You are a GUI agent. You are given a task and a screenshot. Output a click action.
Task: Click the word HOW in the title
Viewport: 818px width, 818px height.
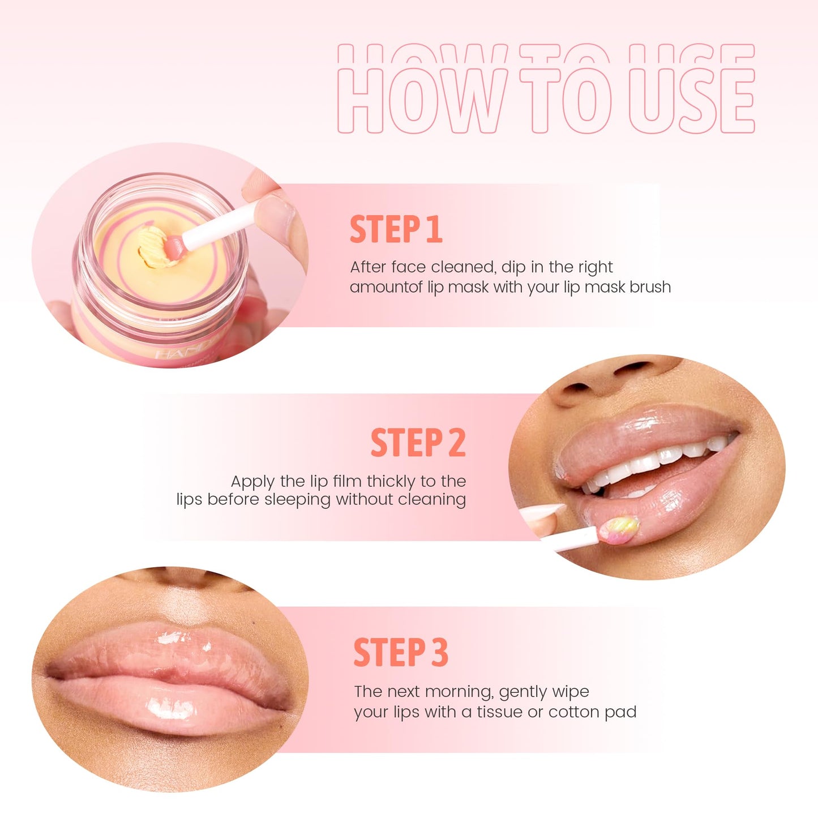click(x=422, y=99)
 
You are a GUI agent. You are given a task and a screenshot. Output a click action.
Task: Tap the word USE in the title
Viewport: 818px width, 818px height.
click(x=692, y=99)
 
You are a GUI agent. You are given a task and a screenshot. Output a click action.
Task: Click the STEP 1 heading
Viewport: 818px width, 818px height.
click(x=396, y=229)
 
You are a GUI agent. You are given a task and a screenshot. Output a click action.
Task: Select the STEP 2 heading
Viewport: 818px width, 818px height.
click(x=418, y=443)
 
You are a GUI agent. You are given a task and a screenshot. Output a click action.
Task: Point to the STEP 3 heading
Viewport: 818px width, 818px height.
click(x=401, y=652)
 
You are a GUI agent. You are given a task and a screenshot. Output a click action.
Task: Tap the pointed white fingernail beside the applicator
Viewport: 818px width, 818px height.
click(x=541, y=511)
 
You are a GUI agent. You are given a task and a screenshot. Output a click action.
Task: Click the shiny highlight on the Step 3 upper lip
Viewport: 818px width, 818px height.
click(x=170, y=640)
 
